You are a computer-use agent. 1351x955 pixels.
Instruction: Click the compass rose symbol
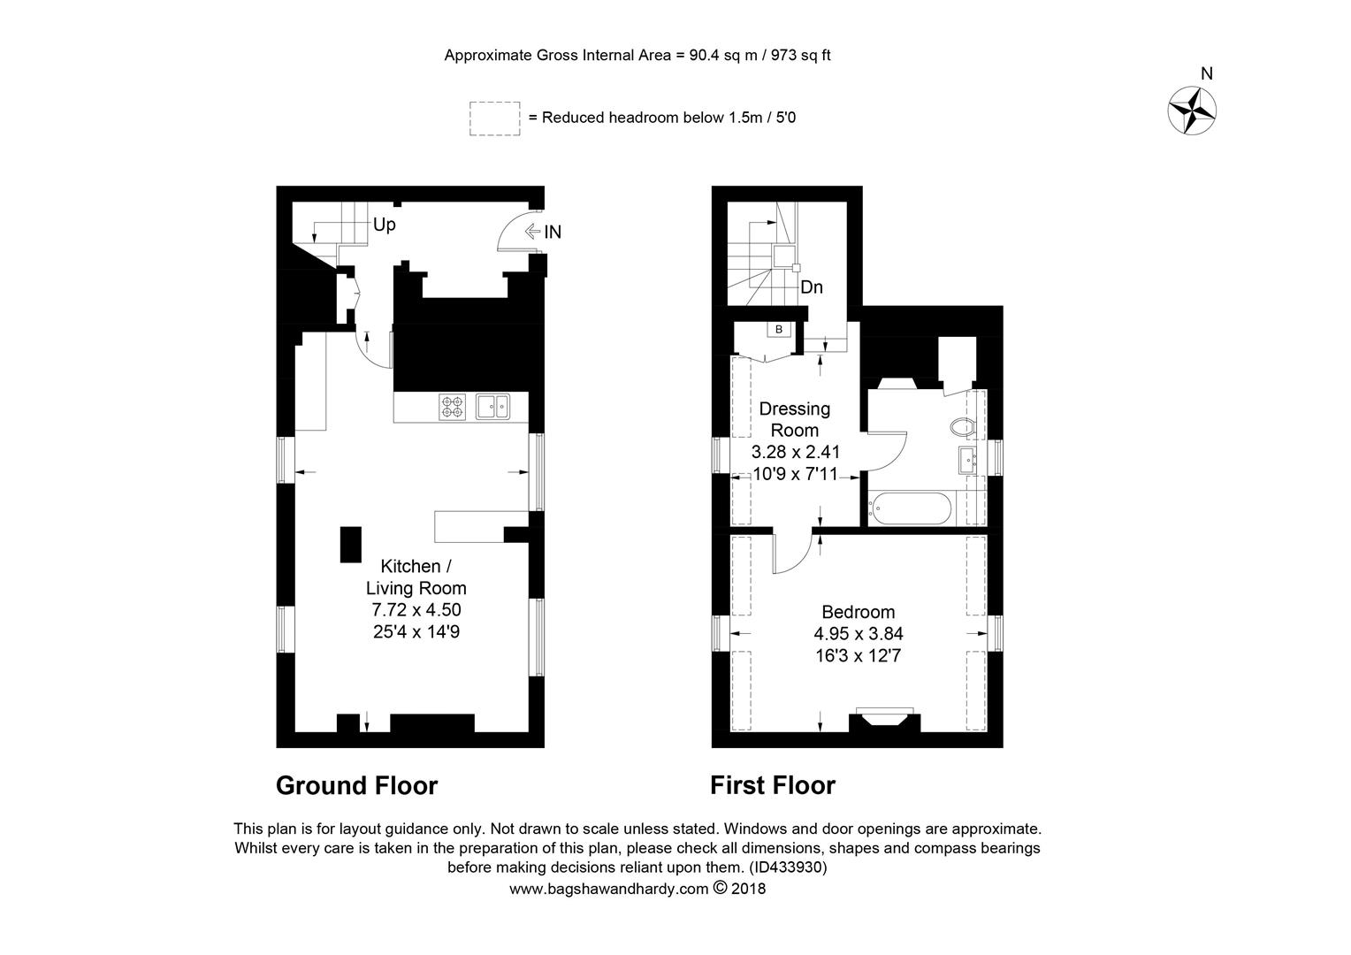click(x=1192, y=111)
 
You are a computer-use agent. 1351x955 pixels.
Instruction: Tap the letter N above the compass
click(x=1206, y=73)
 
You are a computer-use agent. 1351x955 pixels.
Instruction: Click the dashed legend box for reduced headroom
click(x=494, y=118)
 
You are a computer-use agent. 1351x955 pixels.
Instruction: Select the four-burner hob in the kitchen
click(x=453, y=407)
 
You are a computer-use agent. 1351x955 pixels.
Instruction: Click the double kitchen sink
click(x=492, y=407)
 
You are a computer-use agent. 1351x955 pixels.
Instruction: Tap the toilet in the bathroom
click(x=963, y=427)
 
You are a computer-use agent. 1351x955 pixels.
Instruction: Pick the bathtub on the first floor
click(x=912, y=508)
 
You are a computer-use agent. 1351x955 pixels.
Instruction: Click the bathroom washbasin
click(x=967, y=461)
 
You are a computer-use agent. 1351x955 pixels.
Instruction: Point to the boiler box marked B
click(x=779, y=330)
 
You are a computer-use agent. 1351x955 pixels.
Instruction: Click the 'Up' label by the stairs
click(x=385, y=225)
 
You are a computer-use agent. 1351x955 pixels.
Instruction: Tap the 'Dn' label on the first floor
click(x=811, y=287)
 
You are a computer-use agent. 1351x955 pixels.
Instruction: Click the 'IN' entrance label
click(x=553, y=232)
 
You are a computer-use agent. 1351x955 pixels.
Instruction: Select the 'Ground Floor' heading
click(x=356, y=785)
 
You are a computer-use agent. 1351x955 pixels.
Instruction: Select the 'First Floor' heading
click(x=773, y=785)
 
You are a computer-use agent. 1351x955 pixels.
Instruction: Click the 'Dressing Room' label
click(x=794, y=419)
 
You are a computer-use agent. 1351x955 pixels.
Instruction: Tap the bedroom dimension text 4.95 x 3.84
click(x=859, y=633)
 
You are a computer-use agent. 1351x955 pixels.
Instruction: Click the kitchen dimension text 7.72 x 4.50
click(x=416, y=609)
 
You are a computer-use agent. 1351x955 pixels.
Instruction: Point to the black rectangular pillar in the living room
click(x=351, y=545)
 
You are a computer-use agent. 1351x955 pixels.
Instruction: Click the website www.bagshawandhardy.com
click(x=608, y=889)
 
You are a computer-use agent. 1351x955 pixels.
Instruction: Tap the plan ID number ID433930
click(x=788, y=867)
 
